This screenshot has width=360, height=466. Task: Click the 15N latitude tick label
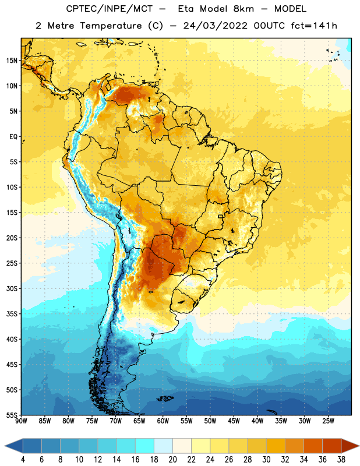[x=12, y=61]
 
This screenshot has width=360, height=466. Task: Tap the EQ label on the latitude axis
[x=13, y=137]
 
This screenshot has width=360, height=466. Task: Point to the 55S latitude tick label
[x=12, y=415]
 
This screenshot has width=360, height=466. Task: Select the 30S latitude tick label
[x=12, y=288]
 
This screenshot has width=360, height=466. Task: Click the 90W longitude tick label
[x=21, y=421]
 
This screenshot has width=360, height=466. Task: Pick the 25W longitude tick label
[x=328, y=421]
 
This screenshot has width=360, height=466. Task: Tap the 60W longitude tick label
[x=163, y=421]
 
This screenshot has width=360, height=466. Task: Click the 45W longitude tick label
[x=234, y=421]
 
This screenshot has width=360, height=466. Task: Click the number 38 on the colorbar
[x=341, y=460]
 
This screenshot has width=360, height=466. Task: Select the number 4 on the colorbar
[x=23, y=460]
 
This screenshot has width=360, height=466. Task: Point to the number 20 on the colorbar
[x=172, y=460]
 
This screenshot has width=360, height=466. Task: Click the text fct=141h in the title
[x=314, y=26]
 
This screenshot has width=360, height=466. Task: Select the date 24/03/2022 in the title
[x=215, y=26]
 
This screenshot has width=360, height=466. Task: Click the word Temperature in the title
[x=111, y=26]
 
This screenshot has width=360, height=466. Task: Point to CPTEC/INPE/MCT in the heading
[x=110, y=9]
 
